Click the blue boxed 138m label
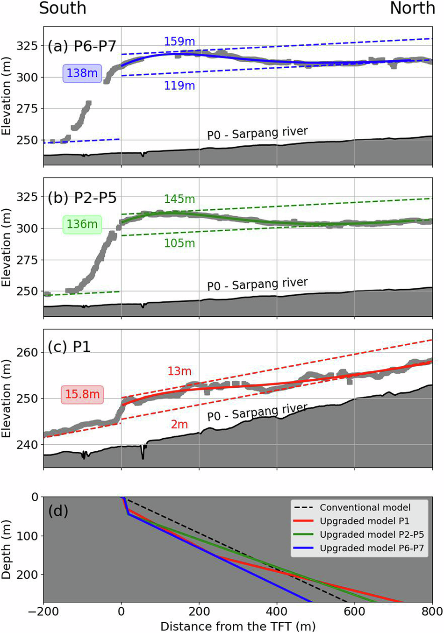pyautogui.click(x=82, y=73)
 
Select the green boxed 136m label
pyautogui.click(x=82, y=224)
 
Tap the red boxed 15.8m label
pyautogui.click(x=82, y=394)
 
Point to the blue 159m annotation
pyautogui.click(x=179, y=42)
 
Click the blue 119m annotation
pyautogui.click(x=179, y=85)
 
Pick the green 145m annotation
pyautogui.click(x=179, y=199)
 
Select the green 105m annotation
pyautogui.click(x=179, y=243)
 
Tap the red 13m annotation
pyautogui.click(x=179, y=371)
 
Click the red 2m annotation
pyautogui.click(x=179, y=424)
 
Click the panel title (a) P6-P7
pyautogui.click(x=82, y=47)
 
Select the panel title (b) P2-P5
pyautogui.click(x=82, y=198)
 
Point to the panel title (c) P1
pyautogui.click(x=69, y=348)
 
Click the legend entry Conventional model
pyautogui.click(x=365, y=507)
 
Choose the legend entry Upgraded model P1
pyautogui.click(x=365, y=521)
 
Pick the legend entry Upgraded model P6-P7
pyautogui.click(x=372, y=548)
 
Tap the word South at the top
pyautogui.click(x=62, y=8)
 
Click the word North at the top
pyautogui.click(x=412, y=8)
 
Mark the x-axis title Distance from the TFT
pyautogui.click(x=238, y=626)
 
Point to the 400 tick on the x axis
pyautogui.click(x=277, y=612)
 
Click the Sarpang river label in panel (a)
pyautogui.click(x=258, y=133)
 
